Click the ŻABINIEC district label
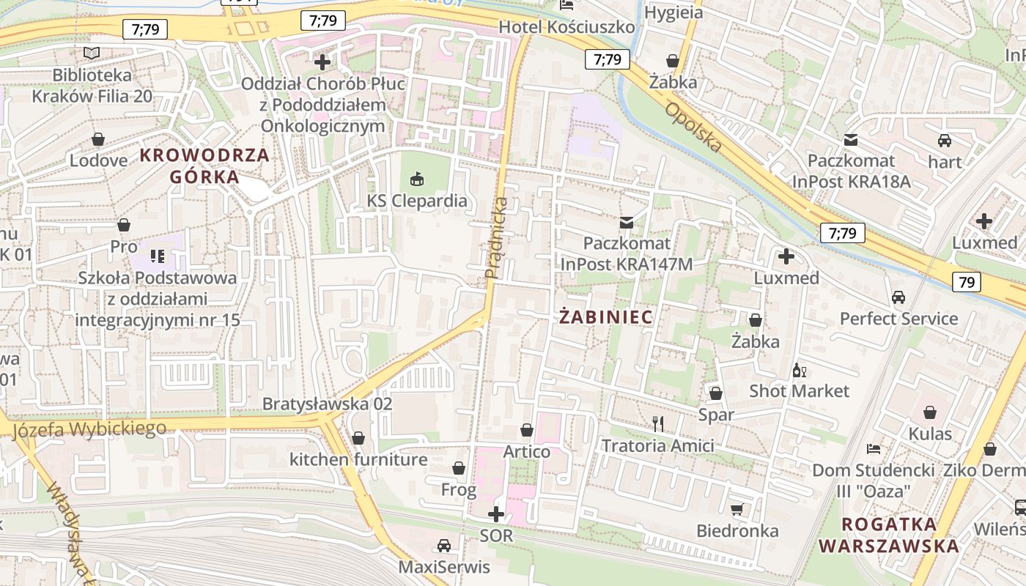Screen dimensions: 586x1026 click(605, 317)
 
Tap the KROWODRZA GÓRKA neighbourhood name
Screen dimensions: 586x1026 click(204, 166)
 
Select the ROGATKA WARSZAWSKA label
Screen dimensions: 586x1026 click(888, 535)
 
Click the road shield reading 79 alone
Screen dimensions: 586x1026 click(967, 281)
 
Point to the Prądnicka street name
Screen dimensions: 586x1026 click(496, 237)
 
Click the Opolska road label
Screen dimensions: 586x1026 click(693, 127)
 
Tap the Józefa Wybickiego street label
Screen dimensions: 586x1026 click(89, 429)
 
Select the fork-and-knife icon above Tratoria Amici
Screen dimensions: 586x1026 click(658, 423)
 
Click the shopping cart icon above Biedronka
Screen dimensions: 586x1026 click(737, 508)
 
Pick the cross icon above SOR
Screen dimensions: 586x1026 click(496, 513)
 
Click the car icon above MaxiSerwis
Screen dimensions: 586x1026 click(443, 545)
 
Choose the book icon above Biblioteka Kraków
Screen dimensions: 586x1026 click(92, 53)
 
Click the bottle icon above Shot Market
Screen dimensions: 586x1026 click(799, 370)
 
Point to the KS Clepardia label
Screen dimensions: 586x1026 click(417, 200)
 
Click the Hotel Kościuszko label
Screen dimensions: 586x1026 click(566, 27)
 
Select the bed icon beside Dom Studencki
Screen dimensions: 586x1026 click(873, 448)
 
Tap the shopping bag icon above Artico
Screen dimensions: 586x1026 click(526, 430)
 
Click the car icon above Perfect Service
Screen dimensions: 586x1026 click(898, 297)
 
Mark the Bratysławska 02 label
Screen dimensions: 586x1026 click(328, 404)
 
